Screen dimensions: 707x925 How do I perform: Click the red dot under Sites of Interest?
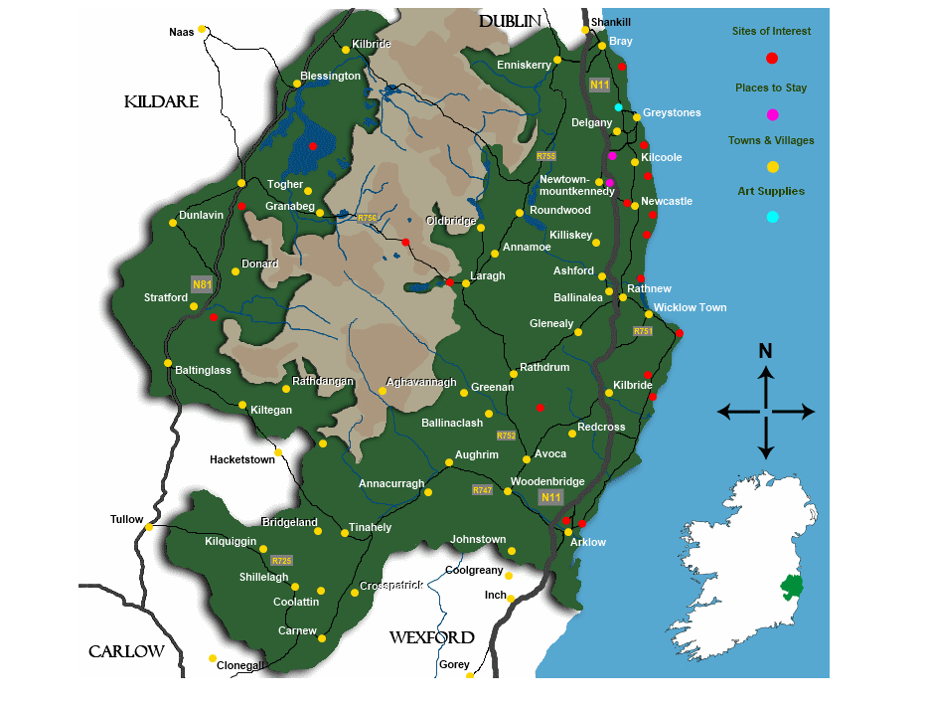[772, 59]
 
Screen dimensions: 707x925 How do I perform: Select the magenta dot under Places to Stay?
[772, 114]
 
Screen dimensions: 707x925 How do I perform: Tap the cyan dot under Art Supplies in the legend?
[772, 217]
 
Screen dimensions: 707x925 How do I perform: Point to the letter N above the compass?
[765, 351]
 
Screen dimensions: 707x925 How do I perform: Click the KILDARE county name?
[162, 102]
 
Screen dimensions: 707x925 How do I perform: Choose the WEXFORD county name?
[431, 637]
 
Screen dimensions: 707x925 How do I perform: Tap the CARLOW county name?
[126, 652]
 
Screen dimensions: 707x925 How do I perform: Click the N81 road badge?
[203, 284]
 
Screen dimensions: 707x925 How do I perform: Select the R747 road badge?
[483, 490]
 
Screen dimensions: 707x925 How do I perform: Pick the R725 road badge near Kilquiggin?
[282, 561]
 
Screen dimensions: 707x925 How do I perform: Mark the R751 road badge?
[643, 331]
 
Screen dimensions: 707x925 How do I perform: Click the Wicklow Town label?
[690, 308]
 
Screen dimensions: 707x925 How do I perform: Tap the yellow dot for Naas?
[202, 29]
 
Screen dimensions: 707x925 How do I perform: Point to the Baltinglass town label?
[203, 371]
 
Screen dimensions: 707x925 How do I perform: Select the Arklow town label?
[588, 542]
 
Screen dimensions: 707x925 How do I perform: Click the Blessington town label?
[331, 77]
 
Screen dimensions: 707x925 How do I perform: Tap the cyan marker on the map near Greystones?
[618, 107]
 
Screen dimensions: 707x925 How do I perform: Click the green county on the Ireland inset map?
[792, 588]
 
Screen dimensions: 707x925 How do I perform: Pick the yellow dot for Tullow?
[149, 526]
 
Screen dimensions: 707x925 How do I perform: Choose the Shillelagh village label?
[263, 578]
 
